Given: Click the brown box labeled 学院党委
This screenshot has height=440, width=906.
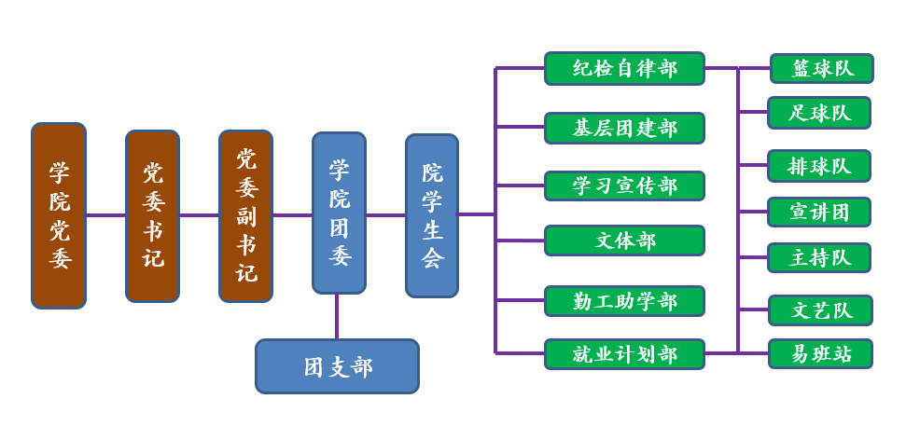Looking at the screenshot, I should click(59, 215).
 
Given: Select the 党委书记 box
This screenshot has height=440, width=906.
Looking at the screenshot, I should click(152, 215).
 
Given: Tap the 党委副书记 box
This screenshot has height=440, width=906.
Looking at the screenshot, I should click(245, 215).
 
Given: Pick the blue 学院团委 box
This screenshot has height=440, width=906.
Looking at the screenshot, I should click(339, 213).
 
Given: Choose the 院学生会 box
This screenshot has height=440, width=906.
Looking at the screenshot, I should click(432, 215).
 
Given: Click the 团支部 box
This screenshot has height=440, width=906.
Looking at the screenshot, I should click(337, 366).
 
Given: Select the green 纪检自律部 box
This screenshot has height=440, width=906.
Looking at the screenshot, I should click(624, 68).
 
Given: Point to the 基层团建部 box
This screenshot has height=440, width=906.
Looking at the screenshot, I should click(624, 128).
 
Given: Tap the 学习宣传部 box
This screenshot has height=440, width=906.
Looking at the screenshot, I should click(624, 186).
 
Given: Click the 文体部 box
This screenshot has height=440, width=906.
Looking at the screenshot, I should click(624, 241).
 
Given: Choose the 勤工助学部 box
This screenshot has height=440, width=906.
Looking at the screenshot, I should click(624, 301).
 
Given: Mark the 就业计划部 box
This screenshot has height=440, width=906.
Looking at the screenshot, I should click(624, 354).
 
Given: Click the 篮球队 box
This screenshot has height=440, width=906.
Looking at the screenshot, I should click(821, 68).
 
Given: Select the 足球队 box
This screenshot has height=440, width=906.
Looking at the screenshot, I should click(819, 113).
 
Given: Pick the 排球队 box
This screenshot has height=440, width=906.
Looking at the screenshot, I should click(819, 166).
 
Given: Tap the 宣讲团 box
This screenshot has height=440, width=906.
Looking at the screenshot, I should click(819, 212).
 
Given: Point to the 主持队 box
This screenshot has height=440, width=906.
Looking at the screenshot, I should click(819, 257).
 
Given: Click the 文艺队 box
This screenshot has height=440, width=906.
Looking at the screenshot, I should click(819, 309).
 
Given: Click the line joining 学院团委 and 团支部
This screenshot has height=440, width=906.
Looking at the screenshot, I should click(337, 316).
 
